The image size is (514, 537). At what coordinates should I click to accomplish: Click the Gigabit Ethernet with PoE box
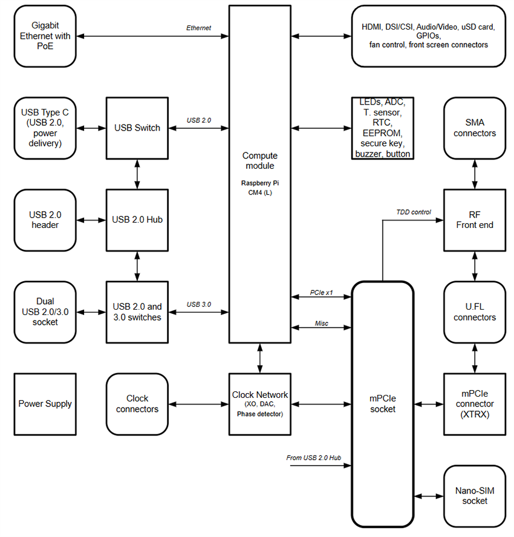[45, 36]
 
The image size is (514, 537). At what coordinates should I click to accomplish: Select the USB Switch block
[137, 128]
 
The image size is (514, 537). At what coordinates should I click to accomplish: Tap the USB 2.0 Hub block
[137, 220]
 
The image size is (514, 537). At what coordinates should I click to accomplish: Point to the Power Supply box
[45, 404]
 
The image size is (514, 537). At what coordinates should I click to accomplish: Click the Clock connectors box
[137, 404]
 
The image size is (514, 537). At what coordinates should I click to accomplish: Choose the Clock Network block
[260, 404]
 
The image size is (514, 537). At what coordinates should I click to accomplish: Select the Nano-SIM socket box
[475, 496]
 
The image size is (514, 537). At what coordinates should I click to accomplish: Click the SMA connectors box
[475, 128]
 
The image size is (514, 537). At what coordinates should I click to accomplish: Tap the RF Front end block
[475, 220]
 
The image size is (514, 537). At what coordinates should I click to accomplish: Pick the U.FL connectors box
[475, 312]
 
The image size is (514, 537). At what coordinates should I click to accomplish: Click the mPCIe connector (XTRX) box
[475, 404]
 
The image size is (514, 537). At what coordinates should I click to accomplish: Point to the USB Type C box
[45, 128]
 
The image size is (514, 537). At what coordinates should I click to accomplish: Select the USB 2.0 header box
[45, 220]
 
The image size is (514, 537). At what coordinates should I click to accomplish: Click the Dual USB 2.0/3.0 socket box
[45, 312]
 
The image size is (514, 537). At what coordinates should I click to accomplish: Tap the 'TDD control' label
[414, 212]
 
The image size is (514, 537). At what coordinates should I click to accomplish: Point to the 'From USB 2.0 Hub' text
[313, 458]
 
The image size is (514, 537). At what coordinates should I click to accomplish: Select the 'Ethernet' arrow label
[198, 28]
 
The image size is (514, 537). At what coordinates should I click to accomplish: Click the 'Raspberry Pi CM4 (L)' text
[260, 187]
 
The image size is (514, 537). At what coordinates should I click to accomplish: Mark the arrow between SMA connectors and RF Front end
[475, 174]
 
